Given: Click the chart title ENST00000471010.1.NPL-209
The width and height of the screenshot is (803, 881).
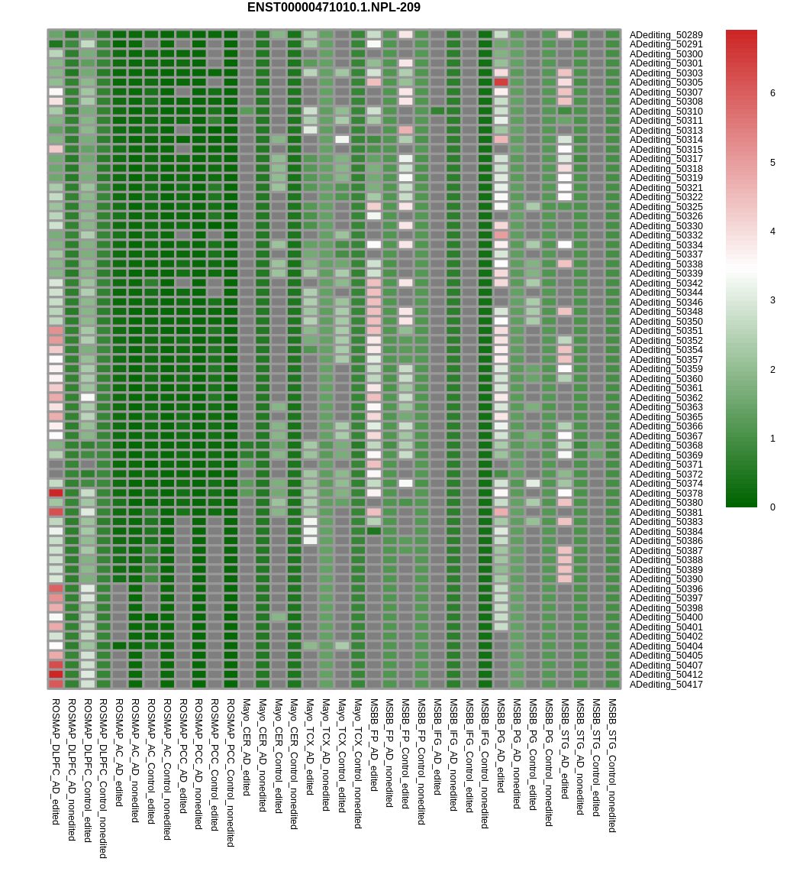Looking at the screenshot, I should (334, 8).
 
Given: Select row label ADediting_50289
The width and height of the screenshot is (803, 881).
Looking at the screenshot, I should (666, 35).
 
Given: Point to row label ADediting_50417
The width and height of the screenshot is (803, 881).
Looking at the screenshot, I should (666, 685).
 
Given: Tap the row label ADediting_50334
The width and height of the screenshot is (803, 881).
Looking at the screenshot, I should (666, 245).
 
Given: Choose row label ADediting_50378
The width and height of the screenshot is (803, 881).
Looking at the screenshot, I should (666, 494).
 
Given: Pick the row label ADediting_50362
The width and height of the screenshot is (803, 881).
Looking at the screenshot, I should (666, 398).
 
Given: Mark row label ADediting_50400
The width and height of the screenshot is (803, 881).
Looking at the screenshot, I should (666, 617).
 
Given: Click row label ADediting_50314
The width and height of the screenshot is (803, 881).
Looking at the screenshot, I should (666, 140).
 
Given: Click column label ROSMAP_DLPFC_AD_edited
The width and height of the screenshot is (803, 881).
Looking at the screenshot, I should (56, 761).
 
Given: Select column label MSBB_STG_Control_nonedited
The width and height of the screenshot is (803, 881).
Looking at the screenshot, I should (612, 765).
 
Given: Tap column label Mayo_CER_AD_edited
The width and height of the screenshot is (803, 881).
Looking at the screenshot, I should (247, 747).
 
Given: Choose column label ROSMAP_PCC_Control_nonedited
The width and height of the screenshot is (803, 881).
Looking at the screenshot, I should (231, 772).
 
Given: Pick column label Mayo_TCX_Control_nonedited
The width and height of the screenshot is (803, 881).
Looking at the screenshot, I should (357, 763).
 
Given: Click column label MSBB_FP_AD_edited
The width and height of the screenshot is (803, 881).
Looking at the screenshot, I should (374, 744).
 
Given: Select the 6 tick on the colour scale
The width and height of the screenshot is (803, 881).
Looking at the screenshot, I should (772, 93).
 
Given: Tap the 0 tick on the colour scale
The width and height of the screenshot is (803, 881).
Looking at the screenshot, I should (772, 507).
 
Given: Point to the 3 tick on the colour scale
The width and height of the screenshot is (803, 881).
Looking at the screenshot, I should (772, 300).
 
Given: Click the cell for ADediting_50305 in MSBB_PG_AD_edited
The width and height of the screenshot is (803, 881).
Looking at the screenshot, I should (501, 83).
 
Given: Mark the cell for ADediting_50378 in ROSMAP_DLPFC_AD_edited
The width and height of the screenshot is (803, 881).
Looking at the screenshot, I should (56, 493).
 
